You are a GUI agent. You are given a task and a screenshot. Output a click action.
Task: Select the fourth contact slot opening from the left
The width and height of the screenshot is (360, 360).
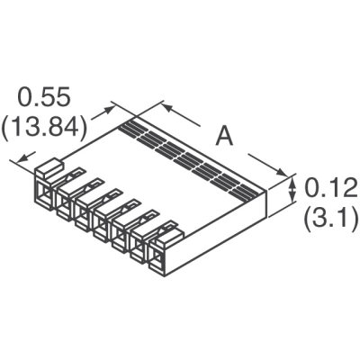tap(100, 227)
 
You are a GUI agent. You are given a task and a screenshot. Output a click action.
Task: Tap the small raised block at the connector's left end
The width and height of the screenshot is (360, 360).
tap(49, 167)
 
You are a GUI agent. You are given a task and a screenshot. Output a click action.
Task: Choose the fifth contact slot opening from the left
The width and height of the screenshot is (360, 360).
tap(119, 238)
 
